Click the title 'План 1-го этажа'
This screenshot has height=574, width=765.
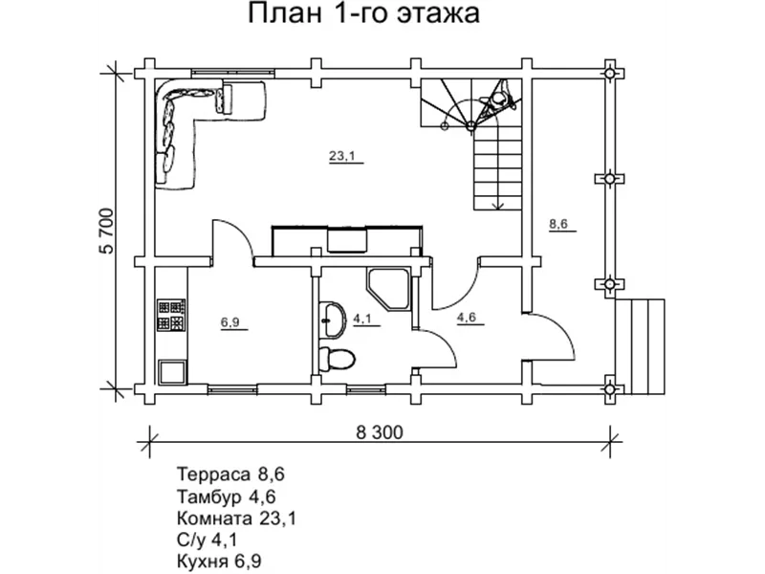click(363, 14)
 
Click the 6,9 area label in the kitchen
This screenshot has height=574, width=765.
click(230, 323)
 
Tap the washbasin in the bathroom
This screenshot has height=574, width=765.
click(333, 319)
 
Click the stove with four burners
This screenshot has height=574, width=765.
click(172, 315)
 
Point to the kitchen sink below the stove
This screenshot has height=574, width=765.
click(172, 370)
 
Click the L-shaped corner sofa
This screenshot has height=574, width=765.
click(191, 120)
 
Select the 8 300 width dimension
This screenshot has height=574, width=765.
click(380, 431)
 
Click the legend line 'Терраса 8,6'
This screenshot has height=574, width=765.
click(231, 474)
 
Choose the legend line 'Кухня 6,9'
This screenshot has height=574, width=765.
click(219, 560)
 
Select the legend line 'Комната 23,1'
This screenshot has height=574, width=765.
click(236, 518)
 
